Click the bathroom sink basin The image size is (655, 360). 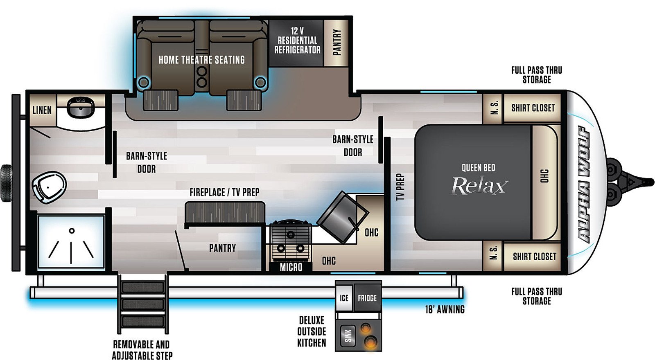tap(81, 107)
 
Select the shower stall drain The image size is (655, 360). tap(72, 231)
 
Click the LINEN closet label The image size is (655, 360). tap(42, 110)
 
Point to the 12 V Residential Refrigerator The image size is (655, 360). tap(296, 43)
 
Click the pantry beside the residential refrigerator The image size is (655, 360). tap(336, 43)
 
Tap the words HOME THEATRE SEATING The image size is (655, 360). tap(202, 60)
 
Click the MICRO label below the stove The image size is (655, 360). tap(291, 267)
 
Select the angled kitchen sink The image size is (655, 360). tap(342, 217)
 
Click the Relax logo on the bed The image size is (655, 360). tap(479, 186)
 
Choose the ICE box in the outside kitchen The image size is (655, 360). tap(344, 298)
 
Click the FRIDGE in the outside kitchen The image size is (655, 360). tap(368, 298)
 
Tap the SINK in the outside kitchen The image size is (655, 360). tap(348, 335)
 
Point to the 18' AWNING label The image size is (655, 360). tap(445, 309)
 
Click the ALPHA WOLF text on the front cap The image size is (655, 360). tap(584, 184)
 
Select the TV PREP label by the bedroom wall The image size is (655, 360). tap(400, 187)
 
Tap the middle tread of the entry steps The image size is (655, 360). tap(143, 304)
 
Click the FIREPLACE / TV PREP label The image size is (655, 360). tap(225, 192)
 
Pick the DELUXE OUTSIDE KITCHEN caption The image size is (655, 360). tap(312, 332)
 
